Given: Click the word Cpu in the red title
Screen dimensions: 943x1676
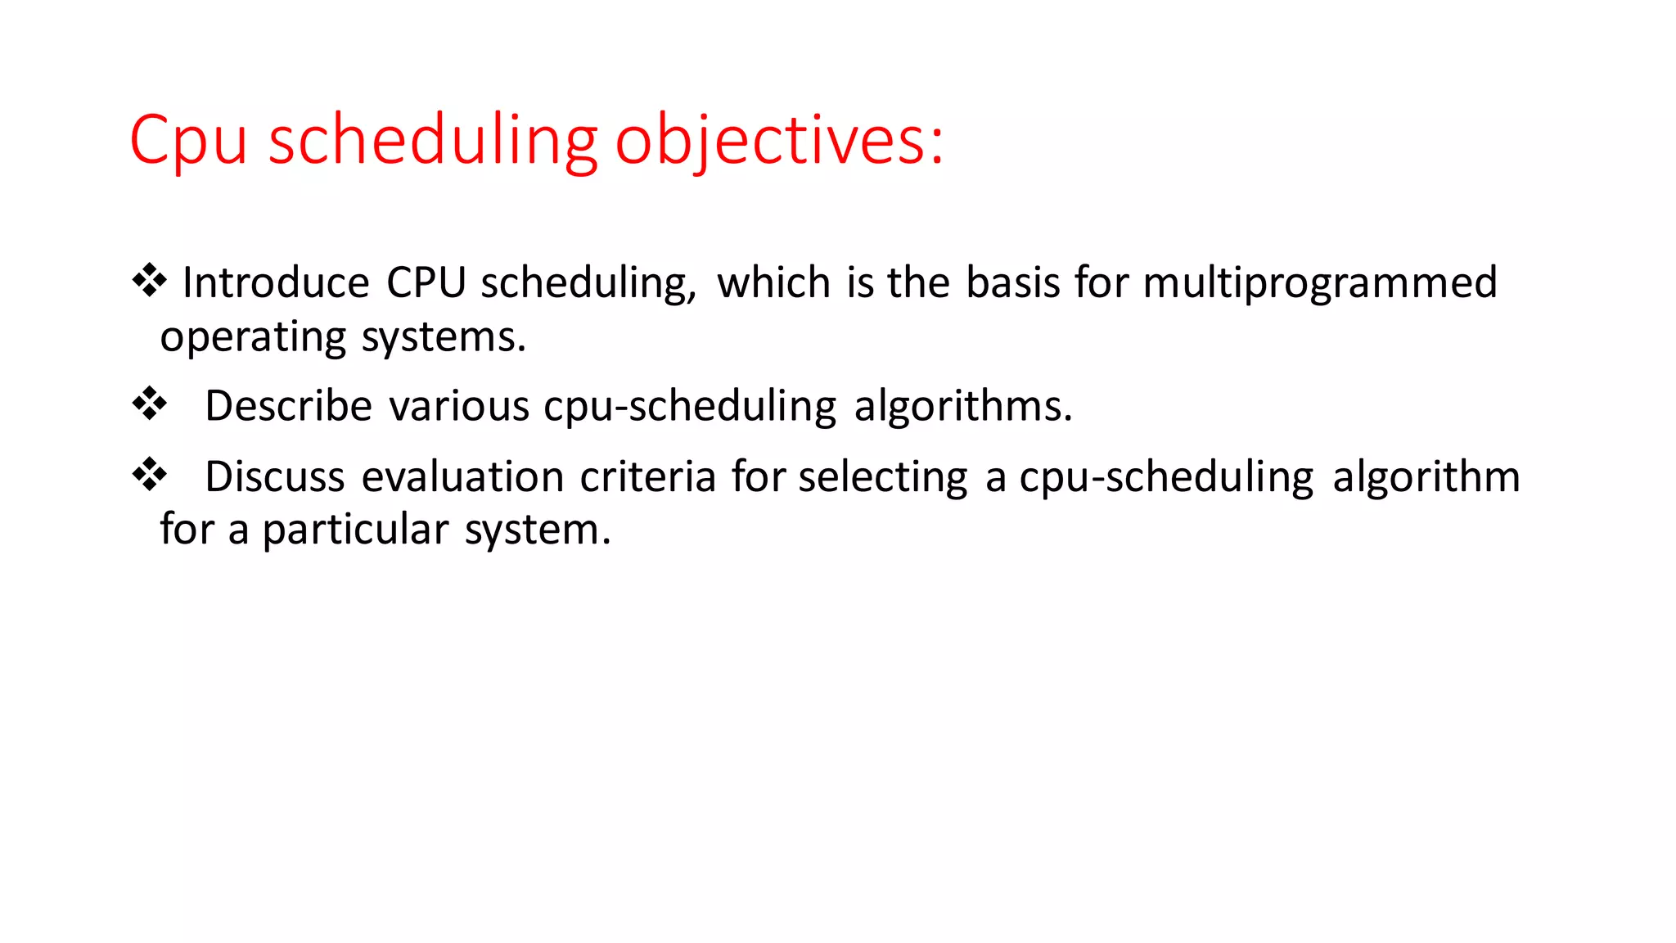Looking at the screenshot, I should tap(188, 141).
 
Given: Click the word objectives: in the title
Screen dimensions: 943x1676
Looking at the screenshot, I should tap(779, 141).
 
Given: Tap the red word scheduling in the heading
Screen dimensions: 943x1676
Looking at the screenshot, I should tap(433, 141).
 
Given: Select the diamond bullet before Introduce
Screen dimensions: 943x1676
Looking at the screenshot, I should tap(150, 281).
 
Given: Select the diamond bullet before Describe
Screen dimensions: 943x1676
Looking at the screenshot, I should tap(150, 404).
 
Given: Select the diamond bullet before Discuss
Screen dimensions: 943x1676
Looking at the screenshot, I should tap(150, 475).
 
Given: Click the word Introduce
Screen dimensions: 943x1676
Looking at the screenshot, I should tap(276, 282).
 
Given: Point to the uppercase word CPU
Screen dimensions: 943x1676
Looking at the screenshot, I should tap(426, 282).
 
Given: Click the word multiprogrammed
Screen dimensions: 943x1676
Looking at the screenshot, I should tap(1319, 284).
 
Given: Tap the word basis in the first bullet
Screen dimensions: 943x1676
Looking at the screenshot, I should tap(1012, 282).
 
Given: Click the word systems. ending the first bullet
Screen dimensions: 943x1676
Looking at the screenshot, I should tap(444, 338).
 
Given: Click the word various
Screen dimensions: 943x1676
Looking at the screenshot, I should tap(458, 406).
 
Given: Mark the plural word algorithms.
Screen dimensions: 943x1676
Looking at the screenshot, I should tap(962, 407).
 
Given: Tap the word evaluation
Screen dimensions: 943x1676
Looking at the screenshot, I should tap(462, 477).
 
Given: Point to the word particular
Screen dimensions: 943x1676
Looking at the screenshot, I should tap(355, 530).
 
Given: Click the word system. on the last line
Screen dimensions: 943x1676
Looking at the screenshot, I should tap(538, 530).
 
